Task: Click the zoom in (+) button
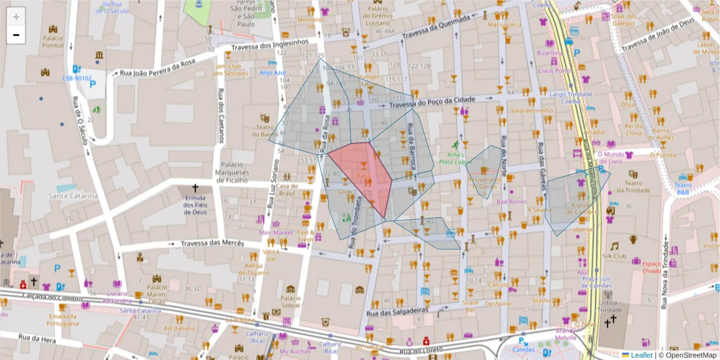(16, 17)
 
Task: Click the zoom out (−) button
(16, 35)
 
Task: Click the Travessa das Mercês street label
(205, 244)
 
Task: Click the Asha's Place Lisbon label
(454, 158)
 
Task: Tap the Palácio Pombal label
(53, 41)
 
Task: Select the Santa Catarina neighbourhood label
(73, 196)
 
